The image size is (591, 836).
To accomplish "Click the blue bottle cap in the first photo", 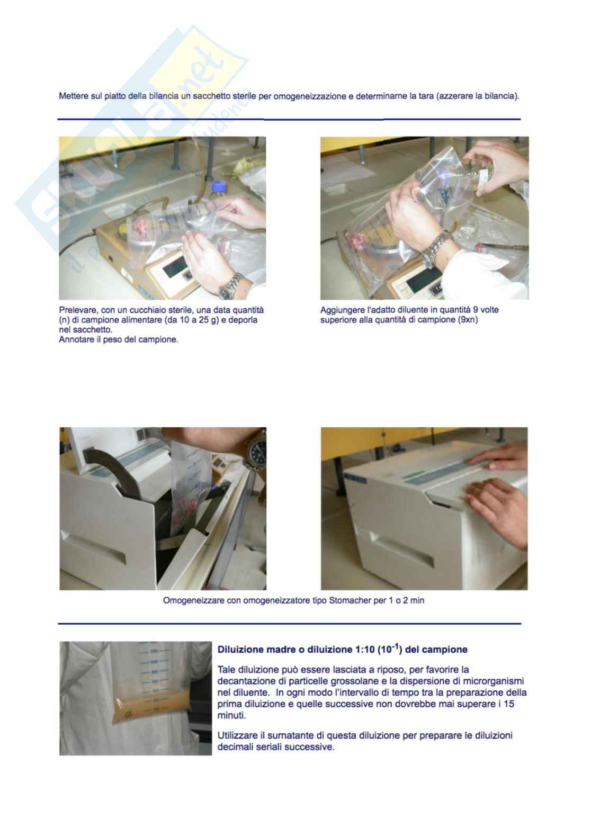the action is point(217,185).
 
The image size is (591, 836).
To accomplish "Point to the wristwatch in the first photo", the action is point(230,286).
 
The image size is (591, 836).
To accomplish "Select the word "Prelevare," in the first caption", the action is point(78,310).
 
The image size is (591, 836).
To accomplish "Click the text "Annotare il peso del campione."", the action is point(118,339).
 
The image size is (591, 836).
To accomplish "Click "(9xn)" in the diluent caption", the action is point(468,320).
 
